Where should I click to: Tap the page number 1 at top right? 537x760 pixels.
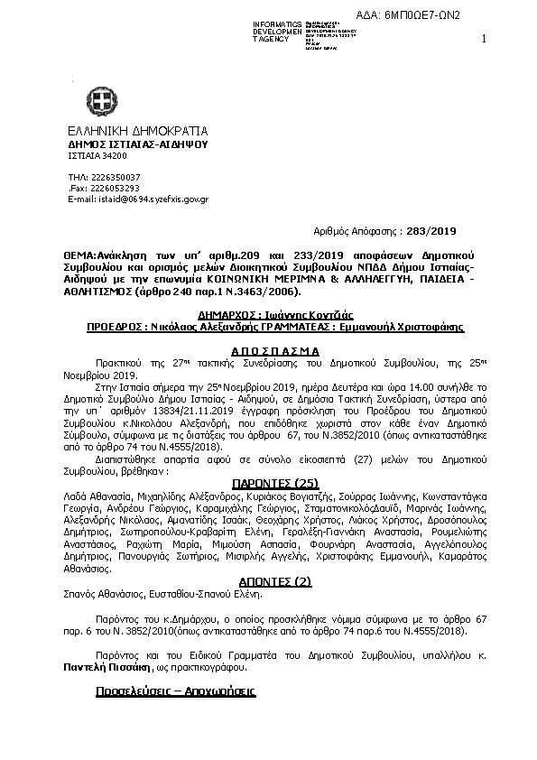click(485, 39)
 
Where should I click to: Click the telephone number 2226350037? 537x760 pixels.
click(116, 176)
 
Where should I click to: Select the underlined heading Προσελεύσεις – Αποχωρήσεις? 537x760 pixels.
click(176, 691)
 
